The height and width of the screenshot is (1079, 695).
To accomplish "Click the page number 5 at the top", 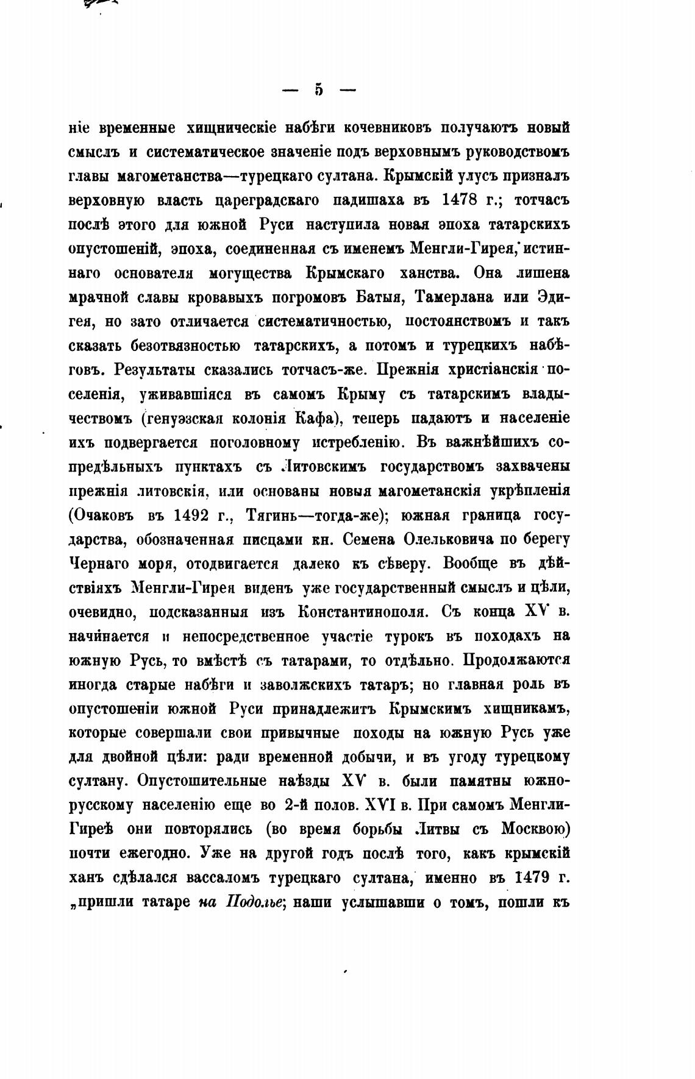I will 319,90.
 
